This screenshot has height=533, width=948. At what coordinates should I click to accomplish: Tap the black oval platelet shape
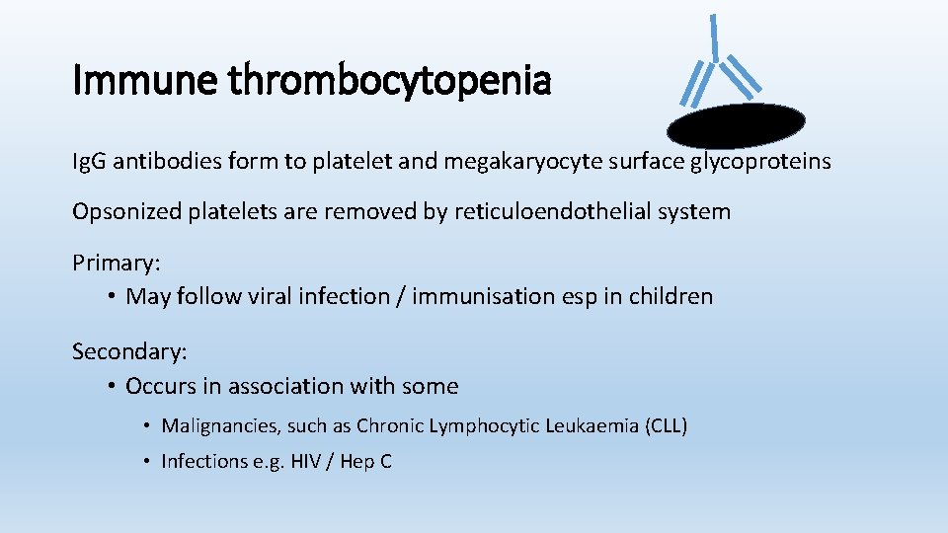tap(736, 125)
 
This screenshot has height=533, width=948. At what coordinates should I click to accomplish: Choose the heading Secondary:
tap(129, 350)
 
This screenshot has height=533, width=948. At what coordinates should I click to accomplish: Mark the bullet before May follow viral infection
tap(113, 296)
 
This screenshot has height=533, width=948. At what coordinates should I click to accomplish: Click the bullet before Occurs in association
tap(113, 386)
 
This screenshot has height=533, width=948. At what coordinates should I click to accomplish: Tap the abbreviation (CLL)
tap(665, 426)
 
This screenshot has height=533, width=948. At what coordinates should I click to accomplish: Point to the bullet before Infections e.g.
tap(145, 461)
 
